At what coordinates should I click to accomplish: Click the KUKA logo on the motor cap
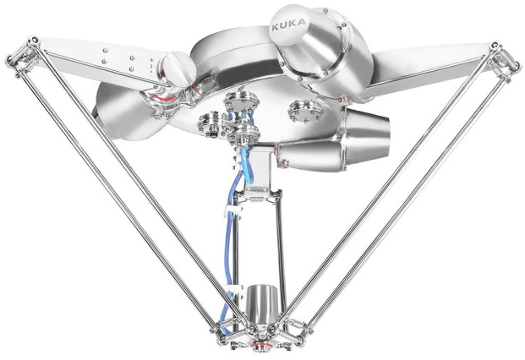[288, 25]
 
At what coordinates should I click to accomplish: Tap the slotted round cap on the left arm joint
[178, 69]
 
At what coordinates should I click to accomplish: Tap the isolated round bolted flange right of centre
[304, 112]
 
